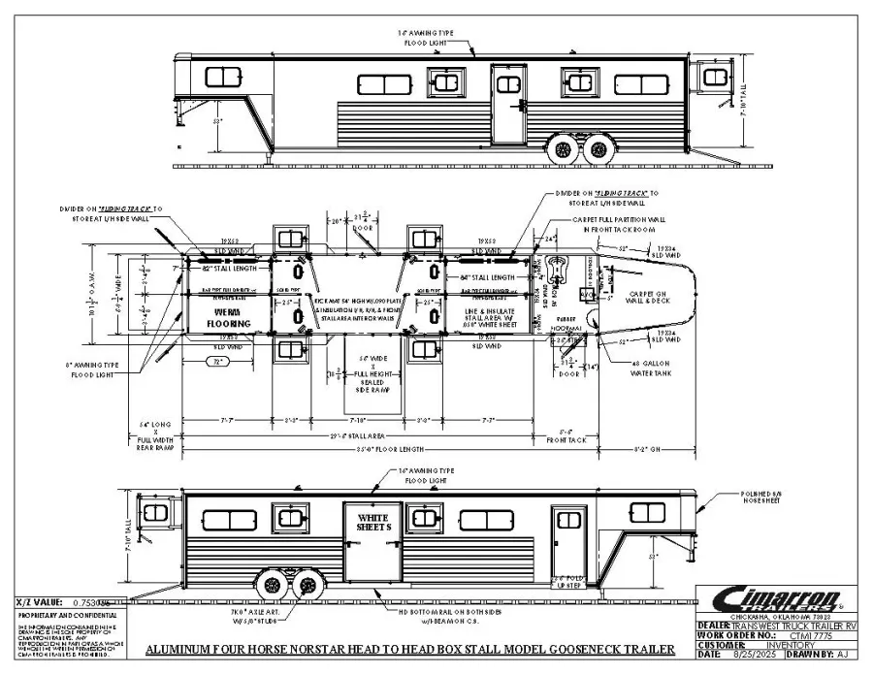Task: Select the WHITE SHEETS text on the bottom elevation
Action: (372, 523)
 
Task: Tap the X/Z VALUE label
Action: (38, 602)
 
